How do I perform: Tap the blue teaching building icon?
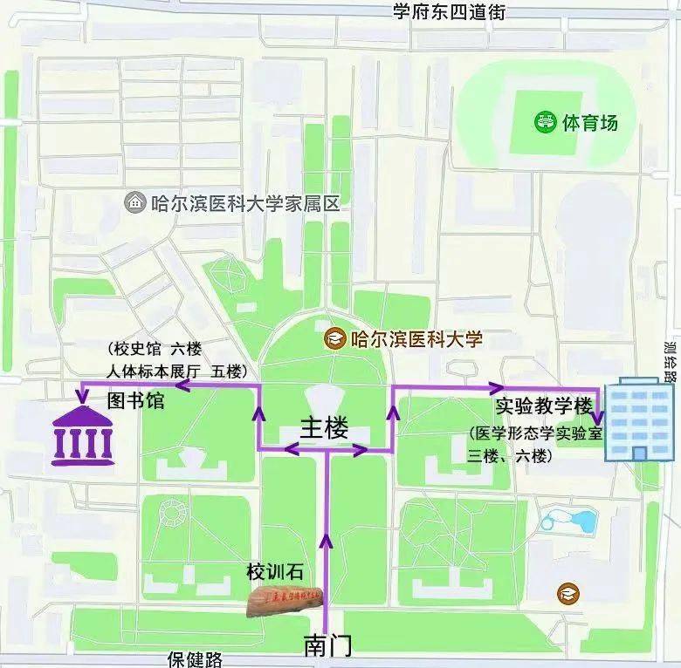click(x=640, y=418)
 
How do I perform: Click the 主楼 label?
click(x=324, y=428)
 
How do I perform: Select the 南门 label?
click(x=327, y=645)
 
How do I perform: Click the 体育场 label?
click(x=590, y=122)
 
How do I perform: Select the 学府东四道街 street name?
click(x=449, y=12)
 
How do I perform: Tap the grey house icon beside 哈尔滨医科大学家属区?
click(x=134, y=203)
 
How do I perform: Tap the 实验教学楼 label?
click(x=544, y=406)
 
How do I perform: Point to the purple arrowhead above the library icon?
click(x=81, y=396)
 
